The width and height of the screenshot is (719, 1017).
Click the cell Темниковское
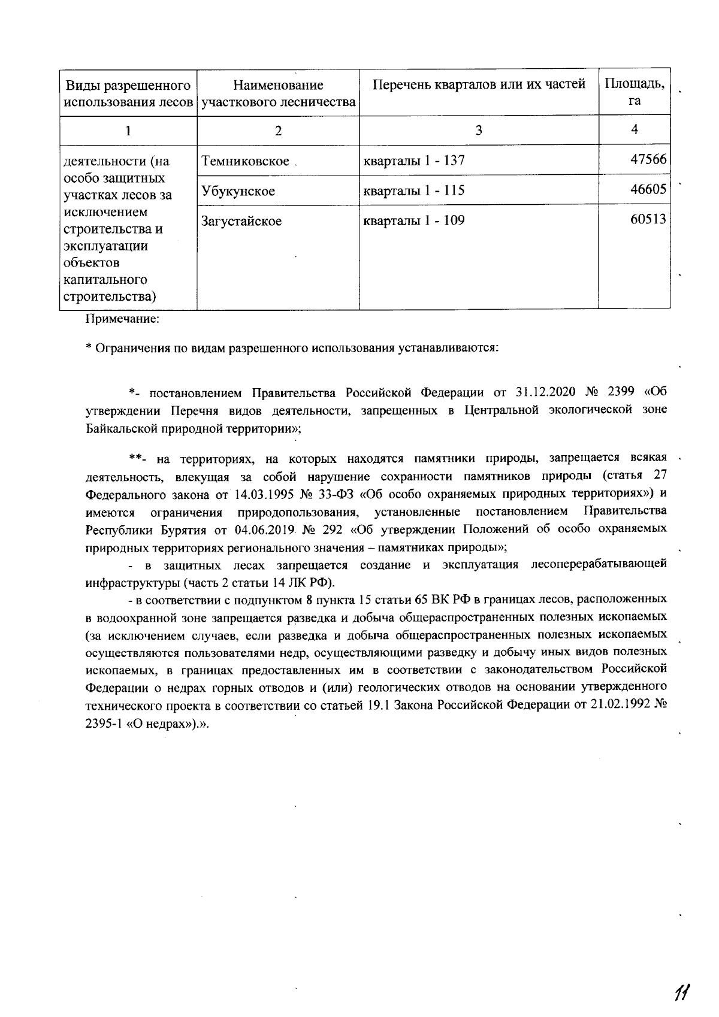pos(246,161)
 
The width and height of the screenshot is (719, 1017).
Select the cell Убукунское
pos(238,191)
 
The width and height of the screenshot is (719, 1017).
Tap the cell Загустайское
pos(241,221)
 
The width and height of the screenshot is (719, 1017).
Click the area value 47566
pos(648,160)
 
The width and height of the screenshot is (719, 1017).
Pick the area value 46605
pos(648,190)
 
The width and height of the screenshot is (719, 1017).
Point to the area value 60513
pos(648,220)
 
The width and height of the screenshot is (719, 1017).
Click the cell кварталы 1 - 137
pos(414,161)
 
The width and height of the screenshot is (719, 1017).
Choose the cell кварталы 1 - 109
pos(414,220)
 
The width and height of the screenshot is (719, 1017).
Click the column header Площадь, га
pos(635,92)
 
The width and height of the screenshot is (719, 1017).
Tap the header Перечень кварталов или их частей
pos(479,84)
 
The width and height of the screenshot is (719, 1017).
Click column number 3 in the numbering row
pos(479,130)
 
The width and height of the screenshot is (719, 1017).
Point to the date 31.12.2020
pos(545,393)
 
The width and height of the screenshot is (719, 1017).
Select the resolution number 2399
pos(624,393)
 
